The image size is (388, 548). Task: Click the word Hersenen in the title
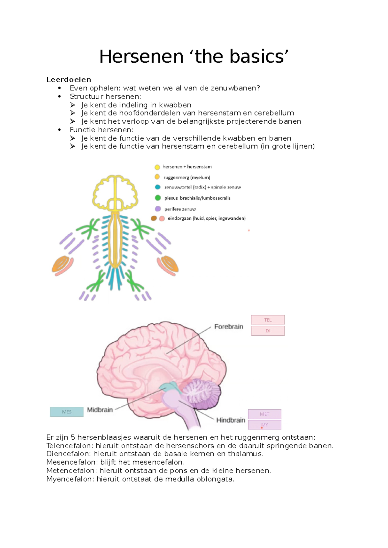tap(141, 56)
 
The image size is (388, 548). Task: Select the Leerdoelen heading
tap(69, 79)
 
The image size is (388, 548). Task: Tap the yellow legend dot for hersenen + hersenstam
tap(157, 167)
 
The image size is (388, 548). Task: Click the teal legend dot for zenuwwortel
tap(157, 187)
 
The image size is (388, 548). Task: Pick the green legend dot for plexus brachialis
tap(157, 198)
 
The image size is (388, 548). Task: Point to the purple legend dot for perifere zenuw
tap(157, 209)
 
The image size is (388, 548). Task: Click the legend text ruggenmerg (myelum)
tap(187, 178)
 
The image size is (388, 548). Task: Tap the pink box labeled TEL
tap(268, 320)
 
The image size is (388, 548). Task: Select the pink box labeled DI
tap(268, 331)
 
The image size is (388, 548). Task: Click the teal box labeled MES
tap(67, 412)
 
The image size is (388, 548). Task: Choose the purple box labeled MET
tap(264, 414)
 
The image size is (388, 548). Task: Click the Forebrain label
tap(229, 327)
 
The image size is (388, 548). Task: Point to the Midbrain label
tap(100, 410)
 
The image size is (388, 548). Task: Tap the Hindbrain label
tap(231, 420)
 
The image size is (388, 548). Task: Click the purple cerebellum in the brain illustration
tap(202, 394)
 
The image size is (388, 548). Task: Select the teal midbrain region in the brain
tap(169, 386)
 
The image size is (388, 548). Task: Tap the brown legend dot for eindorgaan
tap(154, 218)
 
